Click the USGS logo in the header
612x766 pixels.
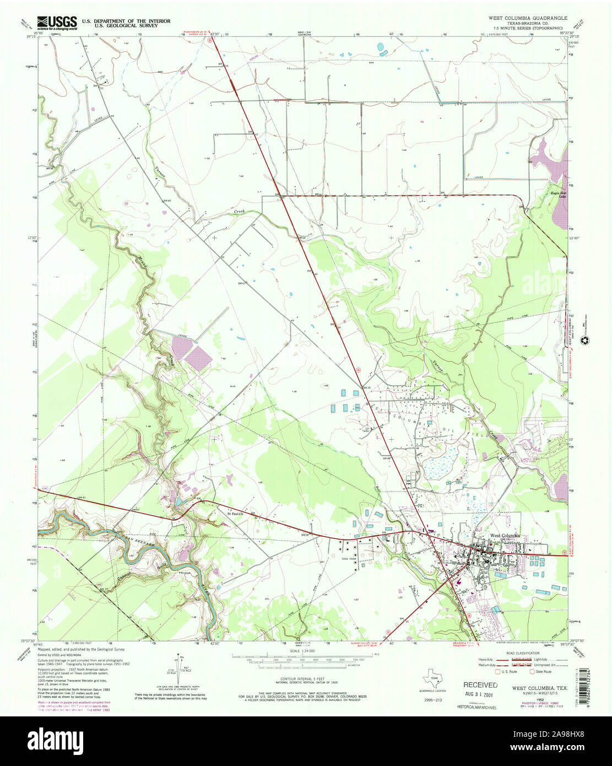click(x=57, y=22)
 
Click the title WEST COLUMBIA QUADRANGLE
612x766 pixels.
click(x=531, y=18)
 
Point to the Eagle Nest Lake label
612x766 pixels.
click(x=559, y=196)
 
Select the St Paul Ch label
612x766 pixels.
click(x=235, y=515)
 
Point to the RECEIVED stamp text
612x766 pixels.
click(x=480, y=685)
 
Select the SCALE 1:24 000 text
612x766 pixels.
click(x=301, y=651)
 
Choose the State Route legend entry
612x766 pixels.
click(x=541, y=672)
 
